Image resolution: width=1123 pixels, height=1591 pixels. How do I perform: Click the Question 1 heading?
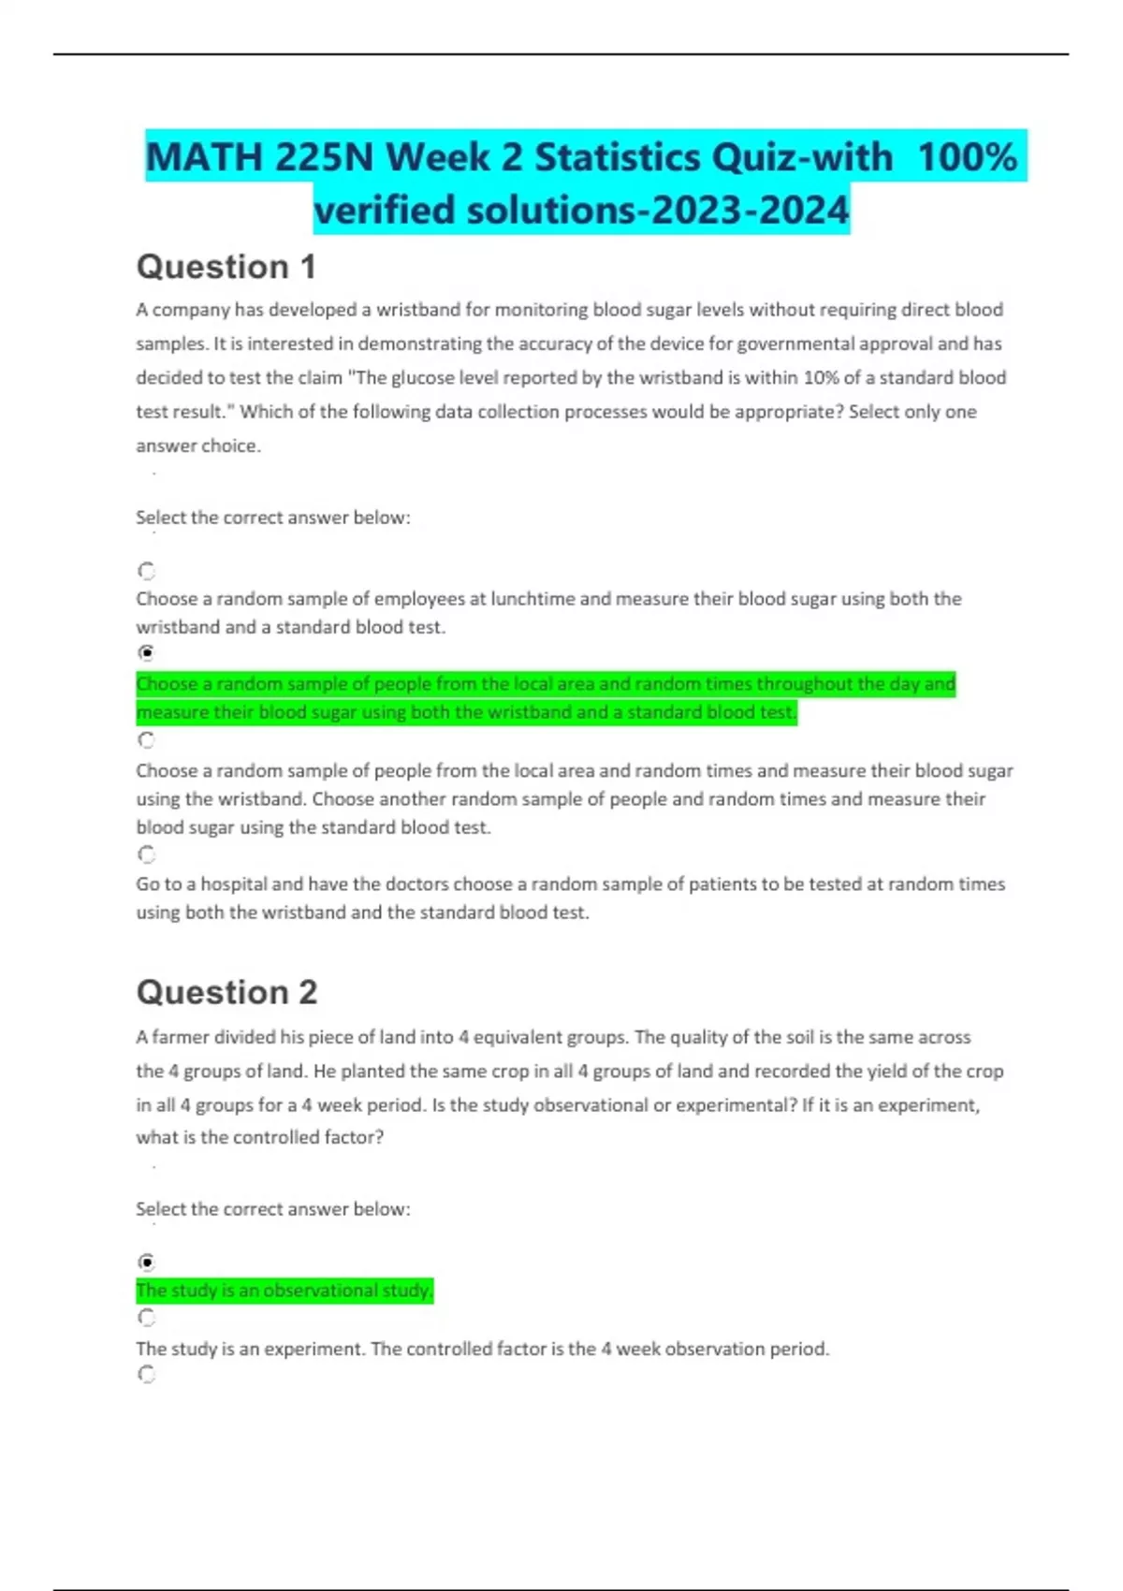click(226, 268)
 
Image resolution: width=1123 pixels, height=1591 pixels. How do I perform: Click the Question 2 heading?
click(227, 992)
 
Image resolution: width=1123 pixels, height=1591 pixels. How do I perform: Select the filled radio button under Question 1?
click(147, 653)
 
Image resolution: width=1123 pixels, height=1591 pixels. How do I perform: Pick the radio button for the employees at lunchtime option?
click(147, 571)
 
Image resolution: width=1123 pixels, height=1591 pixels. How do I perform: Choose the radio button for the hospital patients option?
click(147, 854)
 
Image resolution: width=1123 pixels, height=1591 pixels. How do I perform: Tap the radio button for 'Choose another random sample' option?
click(147, 740)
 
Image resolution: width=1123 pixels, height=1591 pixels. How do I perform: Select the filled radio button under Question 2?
click(147, 1262)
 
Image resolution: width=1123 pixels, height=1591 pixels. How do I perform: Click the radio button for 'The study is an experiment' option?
click(147, 1318)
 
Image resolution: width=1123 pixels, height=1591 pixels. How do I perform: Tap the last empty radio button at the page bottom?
click(147, 1374)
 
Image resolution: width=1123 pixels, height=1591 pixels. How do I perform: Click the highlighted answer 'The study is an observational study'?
click(284, 1291)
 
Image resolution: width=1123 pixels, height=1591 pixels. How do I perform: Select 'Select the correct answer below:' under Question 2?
click(273, 1209)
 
